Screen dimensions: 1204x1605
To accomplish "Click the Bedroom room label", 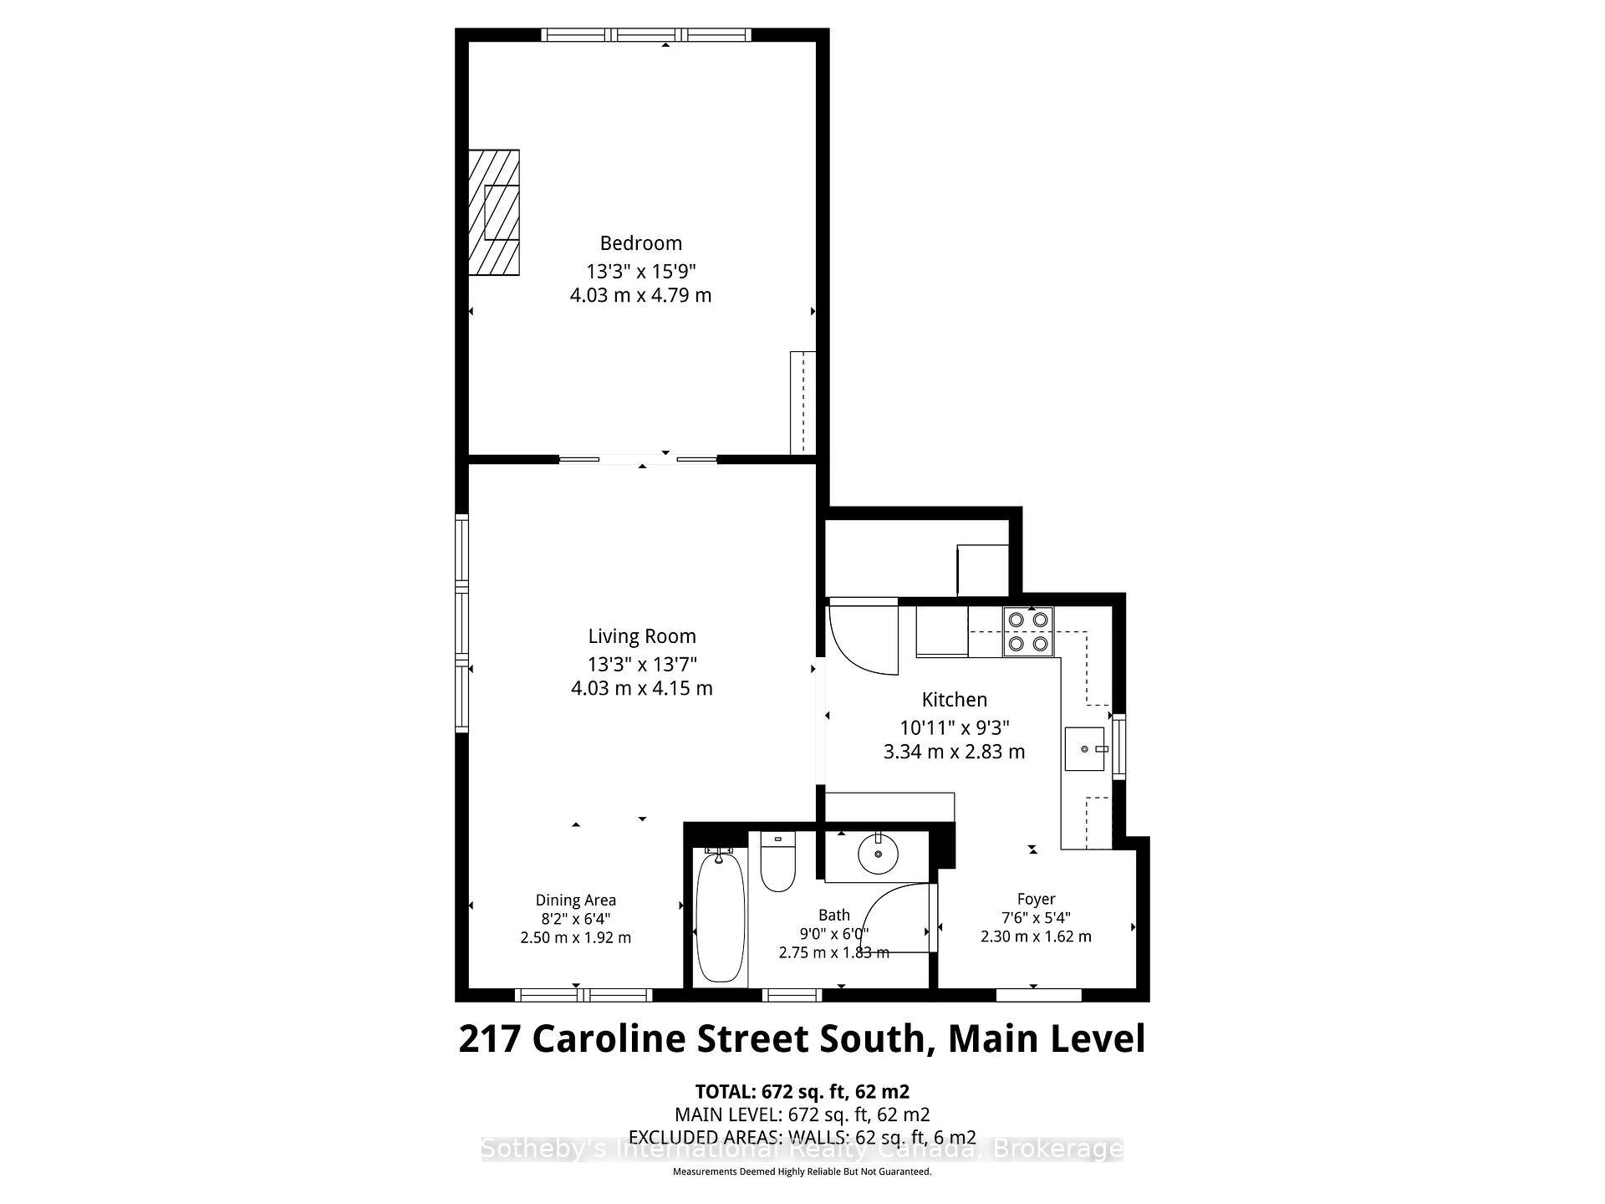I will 640,243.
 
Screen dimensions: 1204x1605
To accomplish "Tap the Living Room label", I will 641,636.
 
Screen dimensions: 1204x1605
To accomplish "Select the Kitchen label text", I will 954,700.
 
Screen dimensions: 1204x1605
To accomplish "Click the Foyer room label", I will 1036,899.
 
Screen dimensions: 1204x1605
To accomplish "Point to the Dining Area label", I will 575,900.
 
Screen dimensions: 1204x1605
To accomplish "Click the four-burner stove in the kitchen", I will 1028,631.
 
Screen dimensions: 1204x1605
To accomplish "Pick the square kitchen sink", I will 1084,749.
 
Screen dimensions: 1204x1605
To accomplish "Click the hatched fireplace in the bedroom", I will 493,212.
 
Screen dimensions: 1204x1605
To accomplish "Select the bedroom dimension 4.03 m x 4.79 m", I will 640,295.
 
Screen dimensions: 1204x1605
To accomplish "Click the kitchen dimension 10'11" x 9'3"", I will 954,727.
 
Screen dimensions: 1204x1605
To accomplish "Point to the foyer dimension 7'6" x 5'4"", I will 1036,917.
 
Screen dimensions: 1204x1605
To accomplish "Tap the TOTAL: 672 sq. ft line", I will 802,1091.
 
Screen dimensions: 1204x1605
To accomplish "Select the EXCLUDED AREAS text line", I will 802,1137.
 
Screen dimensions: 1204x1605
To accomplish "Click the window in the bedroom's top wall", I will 646,35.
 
